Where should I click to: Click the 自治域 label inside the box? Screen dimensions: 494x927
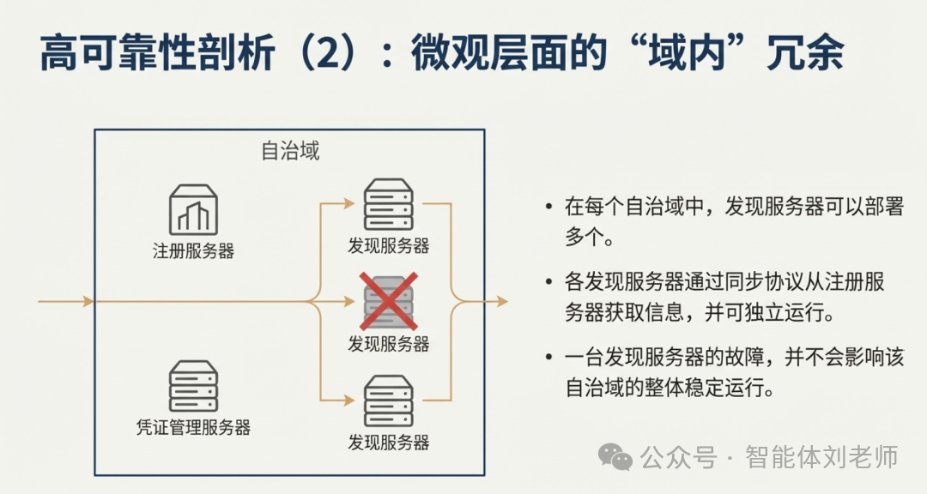pos(290,152)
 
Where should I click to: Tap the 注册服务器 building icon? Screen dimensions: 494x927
pos(193,209)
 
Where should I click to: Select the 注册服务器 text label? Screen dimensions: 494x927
pos(193,251)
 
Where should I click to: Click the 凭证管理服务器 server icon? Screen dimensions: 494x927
pos(193,387)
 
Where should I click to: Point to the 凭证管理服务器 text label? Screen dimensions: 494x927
pos(193,426)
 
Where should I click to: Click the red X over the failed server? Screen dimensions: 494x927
pos(389,301)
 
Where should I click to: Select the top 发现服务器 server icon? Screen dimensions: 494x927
pos(389,204)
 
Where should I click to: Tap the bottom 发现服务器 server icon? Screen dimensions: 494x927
pos(389,401)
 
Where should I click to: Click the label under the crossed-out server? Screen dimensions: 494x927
pos(389,344)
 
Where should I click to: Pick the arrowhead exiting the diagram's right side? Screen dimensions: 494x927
pos(500,301)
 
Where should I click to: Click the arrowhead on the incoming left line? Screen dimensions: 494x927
pos(87,301)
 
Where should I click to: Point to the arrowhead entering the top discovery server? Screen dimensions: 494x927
pos(348,204)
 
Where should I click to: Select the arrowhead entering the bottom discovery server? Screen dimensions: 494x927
pos(348,400)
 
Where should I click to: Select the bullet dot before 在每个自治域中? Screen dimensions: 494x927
pos(548,208)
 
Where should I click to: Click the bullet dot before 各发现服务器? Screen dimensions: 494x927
pos(548,281)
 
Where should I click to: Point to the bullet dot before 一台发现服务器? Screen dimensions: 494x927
pos(548,357)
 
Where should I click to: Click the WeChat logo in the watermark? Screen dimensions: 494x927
pos(616,456)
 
